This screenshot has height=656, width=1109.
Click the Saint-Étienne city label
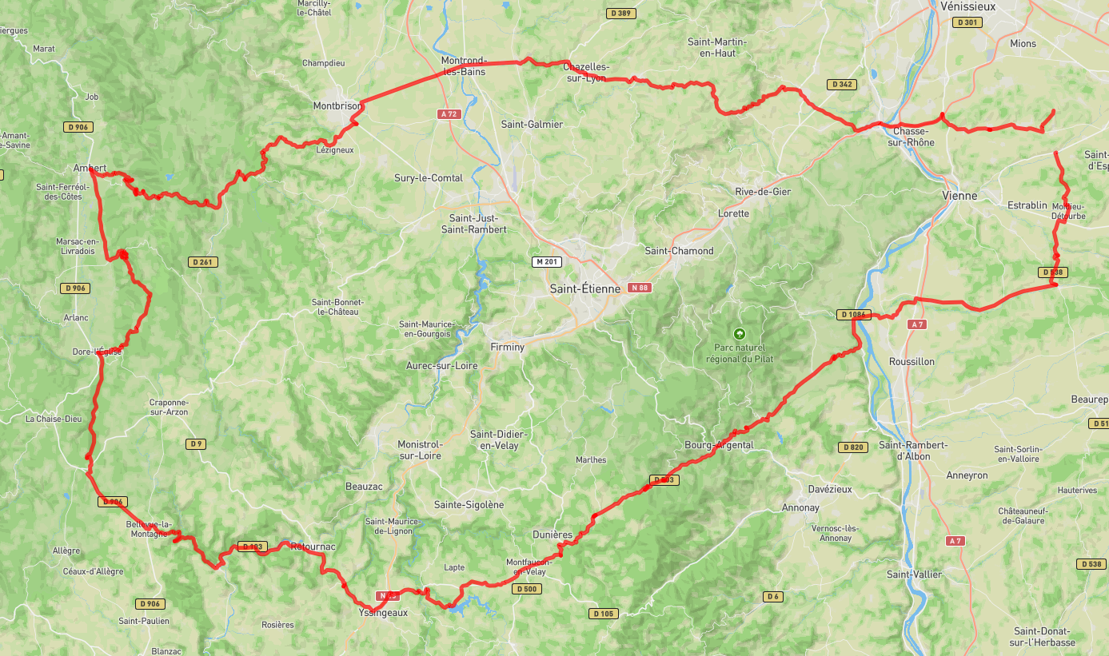(584, 289)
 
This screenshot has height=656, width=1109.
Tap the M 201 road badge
(547, 262)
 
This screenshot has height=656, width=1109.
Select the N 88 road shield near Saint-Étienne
(639, 287)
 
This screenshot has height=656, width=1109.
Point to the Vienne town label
(959, 196)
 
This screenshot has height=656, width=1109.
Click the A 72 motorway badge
(449, 114)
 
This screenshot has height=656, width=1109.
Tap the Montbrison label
(337, 105)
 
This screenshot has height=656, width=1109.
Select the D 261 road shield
(203, 262)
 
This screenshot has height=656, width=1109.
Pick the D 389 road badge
(621, 13)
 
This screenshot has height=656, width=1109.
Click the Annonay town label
(800, 507)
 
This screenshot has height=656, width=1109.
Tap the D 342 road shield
(843, 84)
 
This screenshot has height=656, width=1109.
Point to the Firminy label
(507, 347)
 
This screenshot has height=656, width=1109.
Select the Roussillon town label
(912, 361)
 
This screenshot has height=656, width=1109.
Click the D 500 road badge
(527, 589)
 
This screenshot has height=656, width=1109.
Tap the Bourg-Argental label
(719, 445)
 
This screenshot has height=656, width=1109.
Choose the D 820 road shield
(853, 447)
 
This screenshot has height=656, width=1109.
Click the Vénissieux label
(967, 6)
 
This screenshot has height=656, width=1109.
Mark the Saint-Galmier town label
(532, 124)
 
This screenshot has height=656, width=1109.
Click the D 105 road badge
(604, 614)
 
